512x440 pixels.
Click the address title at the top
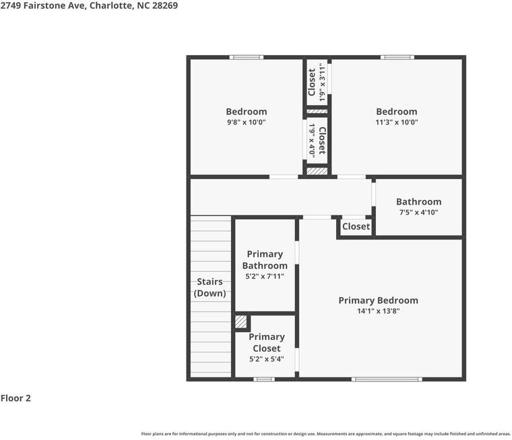tap(89, 5)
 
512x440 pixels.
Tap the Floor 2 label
tap(15, 398)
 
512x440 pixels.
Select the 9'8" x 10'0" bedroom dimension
tap(246, 122)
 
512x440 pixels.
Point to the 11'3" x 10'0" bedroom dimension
tap(396, 122)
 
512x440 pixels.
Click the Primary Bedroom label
tap(378, 301)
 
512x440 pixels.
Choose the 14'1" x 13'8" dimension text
tap(378, 311)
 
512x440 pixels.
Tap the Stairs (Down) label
tap(210, 287)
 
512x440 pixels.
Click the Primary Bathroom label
tap(265, 260)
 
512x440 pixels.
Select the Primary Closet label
tap(266, 342)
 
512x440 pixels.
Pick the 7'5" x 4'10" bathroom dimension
tap(418, 213)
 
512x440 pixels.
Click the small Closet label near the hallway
tap(356, 227)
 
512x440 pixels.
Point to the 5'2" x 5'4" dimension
tap(266, 359)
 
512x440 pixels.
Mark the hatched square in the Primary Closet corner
tap(241, 322)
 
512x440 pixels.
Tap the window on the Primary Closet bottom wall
tap(264, 379)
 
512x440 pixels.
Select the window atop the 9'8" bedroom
tap(246, 57)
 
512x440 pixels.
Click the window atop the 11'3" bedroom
tap(397, 57)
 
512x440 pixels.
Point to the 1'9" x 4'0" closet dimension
tap(312, 140)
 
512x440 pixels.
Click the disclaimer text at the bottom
tap(325, 434)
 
